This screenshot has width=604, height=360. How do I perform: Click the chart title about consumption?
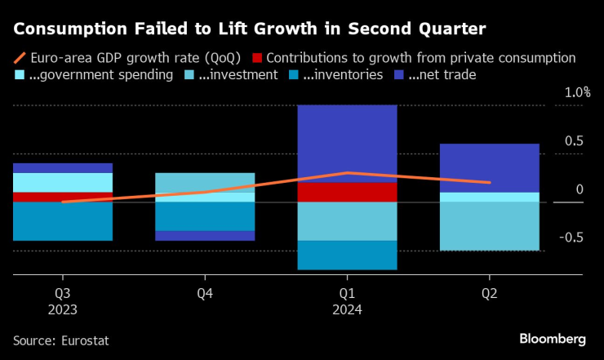tap(250, 29)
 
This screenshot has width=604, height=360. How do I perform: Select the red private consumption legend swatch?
tap(257, 59)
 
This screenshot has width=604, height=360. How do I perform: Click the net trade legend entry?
tap(437, 75)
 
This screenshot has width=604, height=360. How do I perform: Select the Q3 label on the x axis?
tap(62, 293)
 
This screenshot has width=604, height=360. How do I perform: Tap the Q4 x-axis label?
tap(205, 293)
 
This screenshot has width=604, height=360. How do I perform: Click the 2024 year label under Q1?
tap(347, 310)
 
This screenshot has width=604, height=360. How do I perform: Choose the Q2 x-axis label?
tap(489, 293)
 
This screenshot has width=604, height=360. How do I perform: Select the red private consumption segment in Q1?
tap(347, 192)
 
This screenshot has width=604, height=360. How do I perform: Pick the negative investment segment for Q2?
tap(489, 226)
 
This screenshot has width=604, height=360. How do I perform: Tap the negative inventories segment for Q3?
tap(62, 221)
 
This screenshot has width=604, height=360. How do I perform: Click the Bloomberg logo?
tap(553, 339)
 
